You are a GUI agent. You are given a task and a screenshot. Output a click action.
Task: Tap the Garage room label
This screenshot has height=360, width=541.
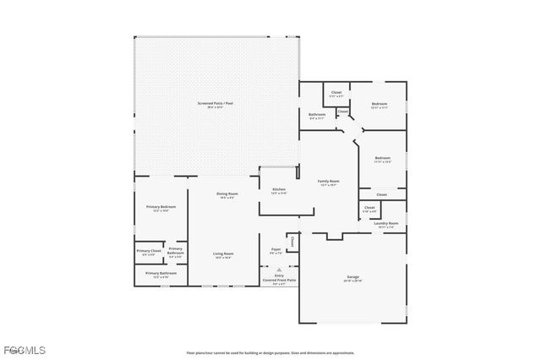(352, 279)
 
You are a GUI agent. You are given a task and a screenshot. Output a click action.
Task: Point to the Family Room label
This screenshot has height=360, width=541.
(328, 183)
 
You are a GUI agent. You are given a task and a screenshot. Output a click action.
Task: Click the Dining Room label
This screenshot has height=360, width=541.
(227, 195)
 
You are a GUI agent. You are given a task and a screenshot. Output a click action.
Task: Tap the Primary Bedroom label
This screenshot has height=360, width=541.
(161, 208)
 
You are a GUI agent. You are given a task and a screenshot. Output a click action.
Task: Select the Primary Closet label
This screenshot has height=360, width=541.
(149, 252)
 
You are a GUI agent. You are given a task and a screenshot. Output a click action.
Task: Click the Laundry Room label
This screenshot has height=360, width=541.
(385, 225)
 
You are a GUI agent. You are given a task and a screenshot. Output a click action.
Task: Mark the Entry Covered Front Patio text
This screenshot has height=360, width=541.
(279, 279)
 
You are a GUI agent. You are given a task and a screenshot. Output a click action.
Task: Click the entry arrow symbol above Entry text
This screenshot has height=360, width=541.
(279, 270)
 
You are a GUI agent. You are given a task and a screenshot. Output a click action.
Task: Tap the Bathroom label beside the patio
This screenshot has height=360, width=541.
(317, 116)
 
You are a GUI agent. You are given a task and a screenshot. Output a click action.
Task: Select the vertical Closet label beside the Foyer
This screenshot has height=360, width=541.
(292, 243)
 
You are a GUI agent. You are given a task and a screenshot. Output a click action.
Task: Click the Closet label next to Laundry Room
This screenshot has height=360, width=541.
(369, 208)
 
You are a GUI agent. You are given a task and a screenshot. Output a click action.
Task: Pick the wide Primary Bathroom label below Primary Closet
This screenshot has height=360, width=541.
(161, 275)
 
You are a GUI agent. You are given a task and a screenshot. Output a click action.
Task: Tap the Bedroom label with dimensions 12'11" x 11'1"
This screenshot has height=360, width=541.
(379, 106)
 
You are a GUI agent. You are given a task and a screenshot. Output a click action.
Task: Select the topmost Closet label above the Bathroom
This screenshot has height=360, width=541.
(336, 94)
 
